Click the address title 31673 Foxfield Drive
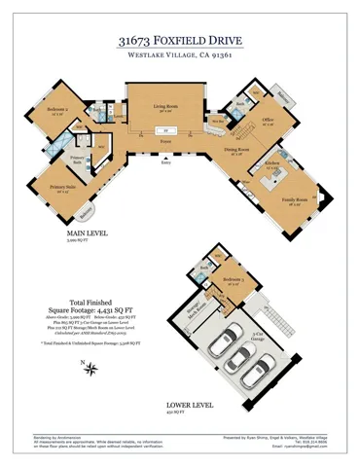pos(180,40)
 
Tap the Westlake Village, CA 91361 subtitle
pos(180,57)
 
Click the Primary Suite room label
pos(64,187)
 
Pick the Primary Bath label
pos(79,159)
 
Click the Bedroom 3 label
pos(233,279)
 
